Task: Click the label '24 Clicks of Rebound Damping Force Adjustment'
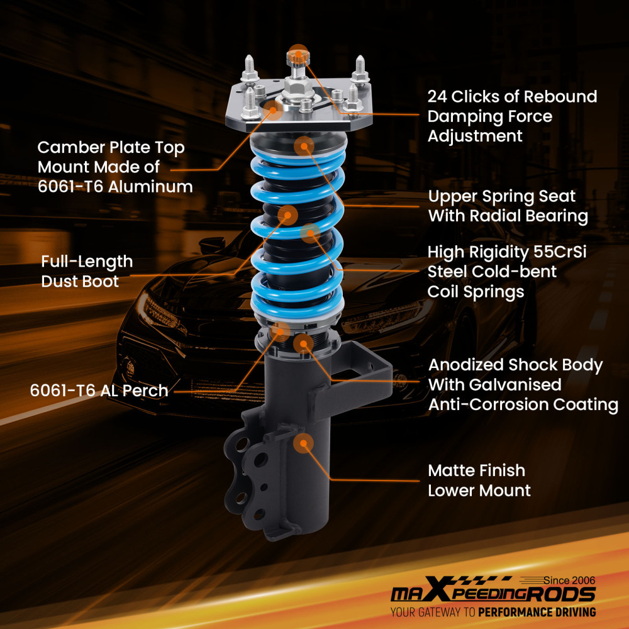point(512,116)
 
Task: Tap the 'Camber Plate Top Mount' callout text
point(115,167)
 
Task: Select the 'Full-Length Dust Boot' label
point(87,271)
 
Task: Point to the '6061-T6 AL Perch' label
point(99,391)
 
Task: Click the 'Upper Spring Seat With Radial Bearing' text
point(508,206)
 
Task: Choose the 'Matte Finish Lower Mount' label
point(479,481)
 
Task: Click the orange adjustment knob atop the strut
point(298,58)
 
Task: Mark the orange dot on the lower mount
point(303,443)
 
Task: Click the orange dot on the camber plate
point(273,109)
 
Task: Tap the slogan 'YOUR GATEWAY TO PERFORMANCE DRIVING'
point(493,612)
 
